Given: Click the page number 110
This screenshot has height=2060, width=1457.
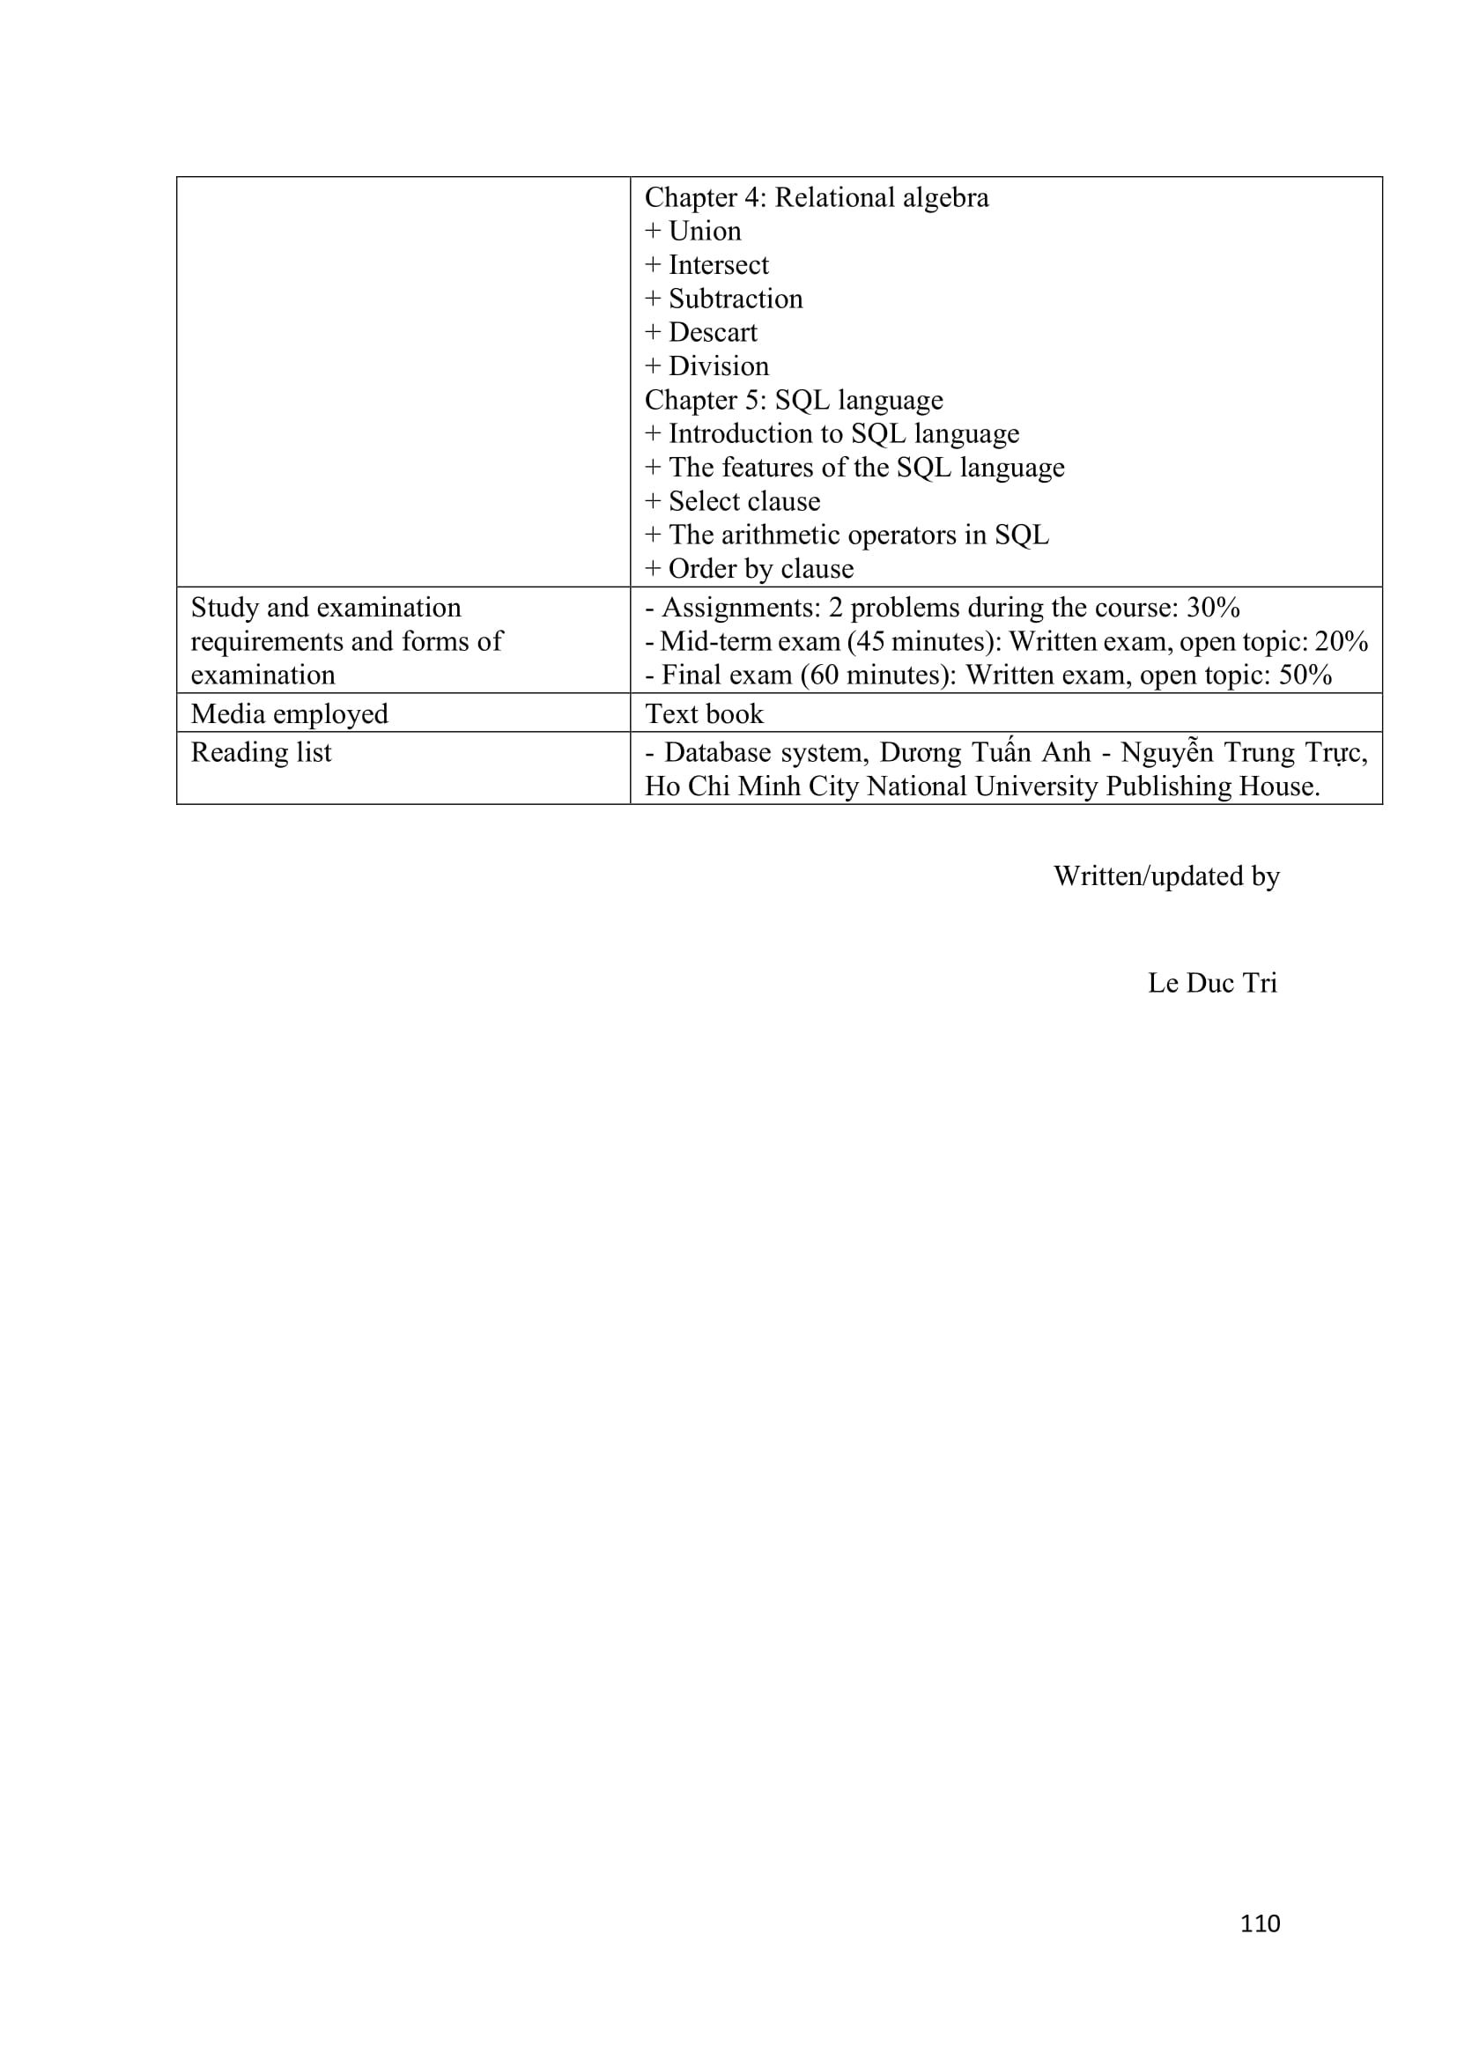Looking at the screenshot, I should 1260,1923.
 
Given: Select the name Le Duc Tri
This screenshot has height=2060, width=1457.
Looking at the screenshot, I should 1212,983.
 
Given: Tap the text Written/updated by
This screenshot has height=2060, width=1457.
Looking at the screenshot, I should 1166,875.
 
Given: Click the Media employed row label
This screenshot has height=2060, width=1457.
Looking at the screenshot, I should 289,713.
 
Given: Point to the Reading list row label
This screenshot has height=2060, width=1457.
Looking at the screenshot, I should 261,752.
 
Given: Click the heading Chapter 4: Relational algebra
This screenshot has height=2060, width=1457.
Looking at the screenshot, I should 817,197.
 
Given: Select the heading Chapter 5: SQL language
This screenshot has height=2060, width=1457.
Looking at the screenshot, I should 794,399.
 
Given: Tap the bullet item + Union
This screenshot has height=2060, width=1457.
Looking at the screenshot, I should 693,232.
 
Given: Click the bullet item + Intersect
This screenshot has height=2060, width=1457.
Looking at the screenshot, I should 707,265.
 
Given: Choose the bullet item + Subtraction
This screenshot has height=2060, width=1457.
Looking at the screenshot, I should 724,299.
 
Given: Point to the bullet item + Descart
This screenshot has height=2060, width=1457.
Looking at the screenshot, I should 701,332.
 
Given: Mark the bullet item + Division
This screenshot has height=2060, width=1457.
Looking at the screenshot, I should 707,366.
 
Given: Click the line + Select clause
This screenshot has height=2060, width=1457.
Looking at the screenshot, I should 733,500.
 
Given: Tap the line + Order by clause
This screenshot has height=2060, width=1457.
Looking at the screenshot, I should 749,568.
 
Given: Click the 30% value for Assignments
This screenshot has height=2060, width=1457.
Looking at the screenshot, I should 1213,608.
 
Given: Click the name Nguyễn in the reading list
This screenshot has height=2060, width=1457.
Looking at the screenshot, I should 1166,752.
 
